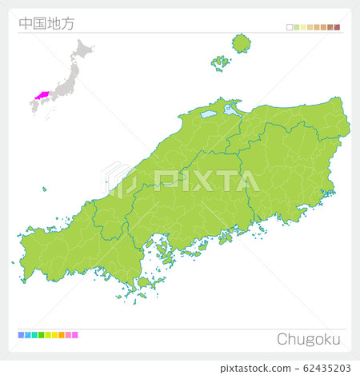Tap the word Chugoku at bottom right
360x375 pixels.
click(x=309, y=338)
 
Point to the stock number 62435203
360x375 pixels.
click(x=323, y=368)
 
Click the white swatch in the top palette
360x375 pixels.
click(x=290, y=27)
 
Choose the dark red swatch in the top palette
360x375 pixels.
click(x=338, y=27)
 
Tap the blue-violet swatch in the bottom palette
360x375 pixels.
click(x=21, y=335)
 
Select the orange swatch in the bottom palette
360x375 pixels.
click(x=62, y=335)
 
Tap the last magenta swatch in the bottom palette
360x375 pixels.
click(x=75, y=335)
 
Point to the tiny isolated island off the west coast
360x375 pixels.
click(x=45, y=189)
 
